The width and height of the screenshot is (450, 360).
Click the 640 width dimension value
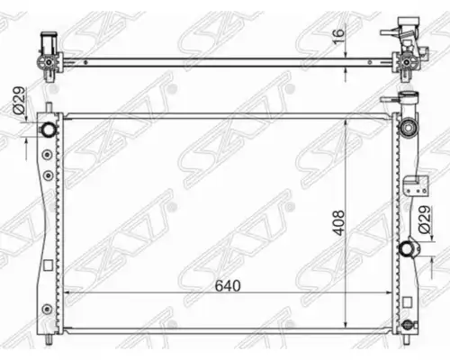(228, 285)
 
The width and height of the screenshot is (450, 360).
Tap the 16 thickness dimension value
(338, 37)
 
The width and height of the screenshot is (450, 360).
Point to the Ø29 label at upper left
(19, 101)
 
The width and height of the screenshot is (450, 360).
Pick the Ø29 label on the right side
(425, 220)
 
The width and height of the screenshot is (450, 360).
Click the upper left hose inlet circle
(48, 130)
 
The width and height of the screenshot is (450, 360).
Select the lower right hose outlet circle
(407, 248)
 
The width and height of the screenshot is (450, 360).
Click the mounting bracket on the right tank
(416, 186)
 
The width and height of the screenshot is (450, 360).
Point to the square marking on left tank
(48, 265)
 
